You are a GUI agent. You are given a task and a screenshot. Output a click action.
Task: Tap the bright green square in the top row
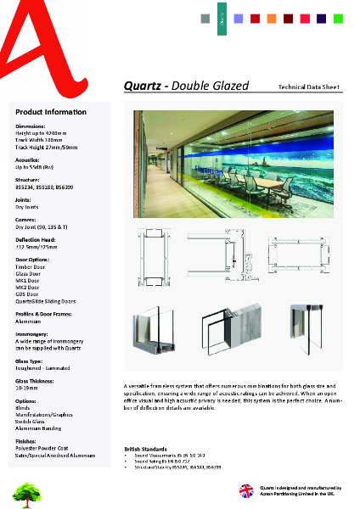tap(338, 18)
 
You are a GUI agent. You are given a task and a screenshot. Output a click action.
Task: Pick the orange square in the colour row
tap(272, 18)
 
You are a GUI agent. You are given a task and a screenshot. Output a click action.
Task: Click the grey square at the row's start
tap(205, 18)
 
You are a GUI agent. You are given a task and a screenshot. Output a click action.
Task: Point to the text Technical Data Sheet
tap(309, 87)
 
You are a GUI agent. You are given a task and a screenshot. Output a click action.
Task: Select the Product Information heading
tap(51, 112)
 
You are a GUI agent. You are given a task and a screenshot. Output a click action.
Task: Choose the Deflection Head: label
tap(37, 240)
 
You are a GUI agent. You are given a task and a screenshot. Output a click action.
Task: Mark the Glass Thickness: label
tap(37, 381)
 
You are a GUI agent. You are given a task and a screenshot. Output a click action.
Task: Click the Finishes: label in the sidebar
tap(27, 441)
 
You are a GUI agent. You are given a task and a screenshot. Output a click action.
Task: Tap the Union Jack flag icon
tap(246, 490)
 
